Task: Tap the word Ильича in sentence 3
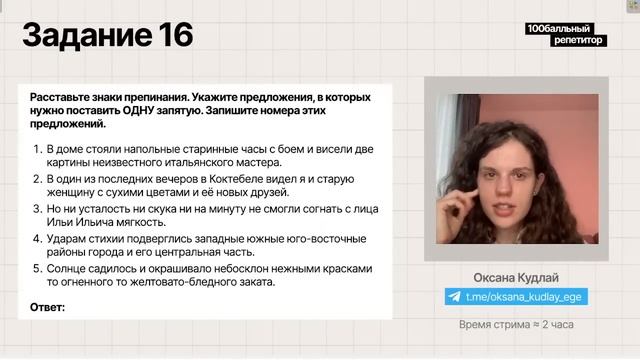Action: (x=91, y=225)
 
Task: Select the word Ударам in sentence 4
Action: (x=67, y=239)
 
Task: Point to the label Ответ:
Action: (x=48, y=307)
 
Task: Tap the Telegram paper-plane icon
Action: (x=455, y=297)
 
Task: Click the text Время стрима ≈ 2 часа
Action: (x=515, y=325)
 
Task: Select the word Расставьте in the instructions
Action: (x=62, y=98)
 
